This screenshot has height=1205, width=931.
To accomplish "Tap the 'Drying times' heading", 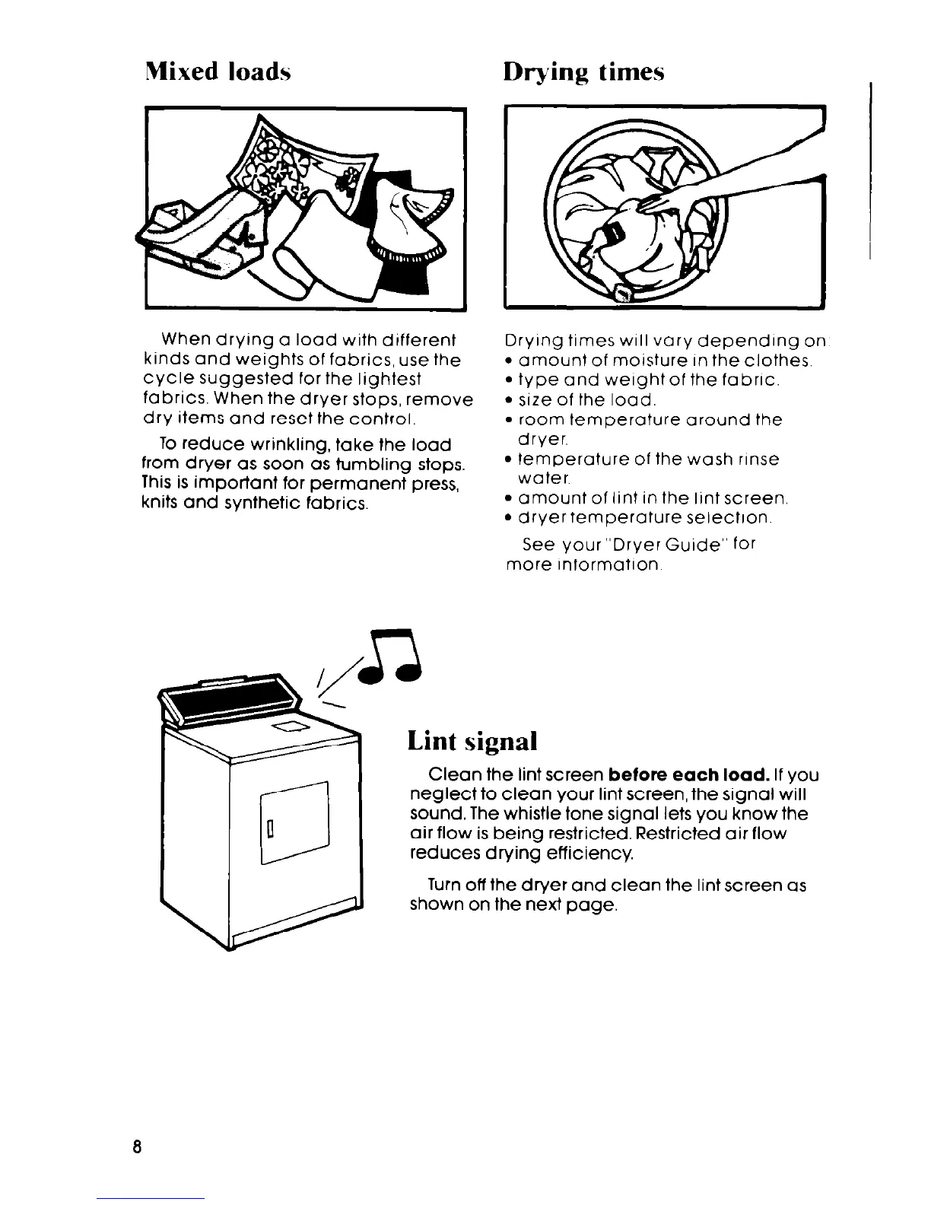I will [583, 72].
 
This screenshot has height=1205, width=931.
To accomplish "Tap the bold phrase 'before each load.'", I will [687, 776].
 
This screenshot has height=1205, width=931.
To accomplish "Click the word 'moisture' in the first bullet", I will [624, 361].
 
